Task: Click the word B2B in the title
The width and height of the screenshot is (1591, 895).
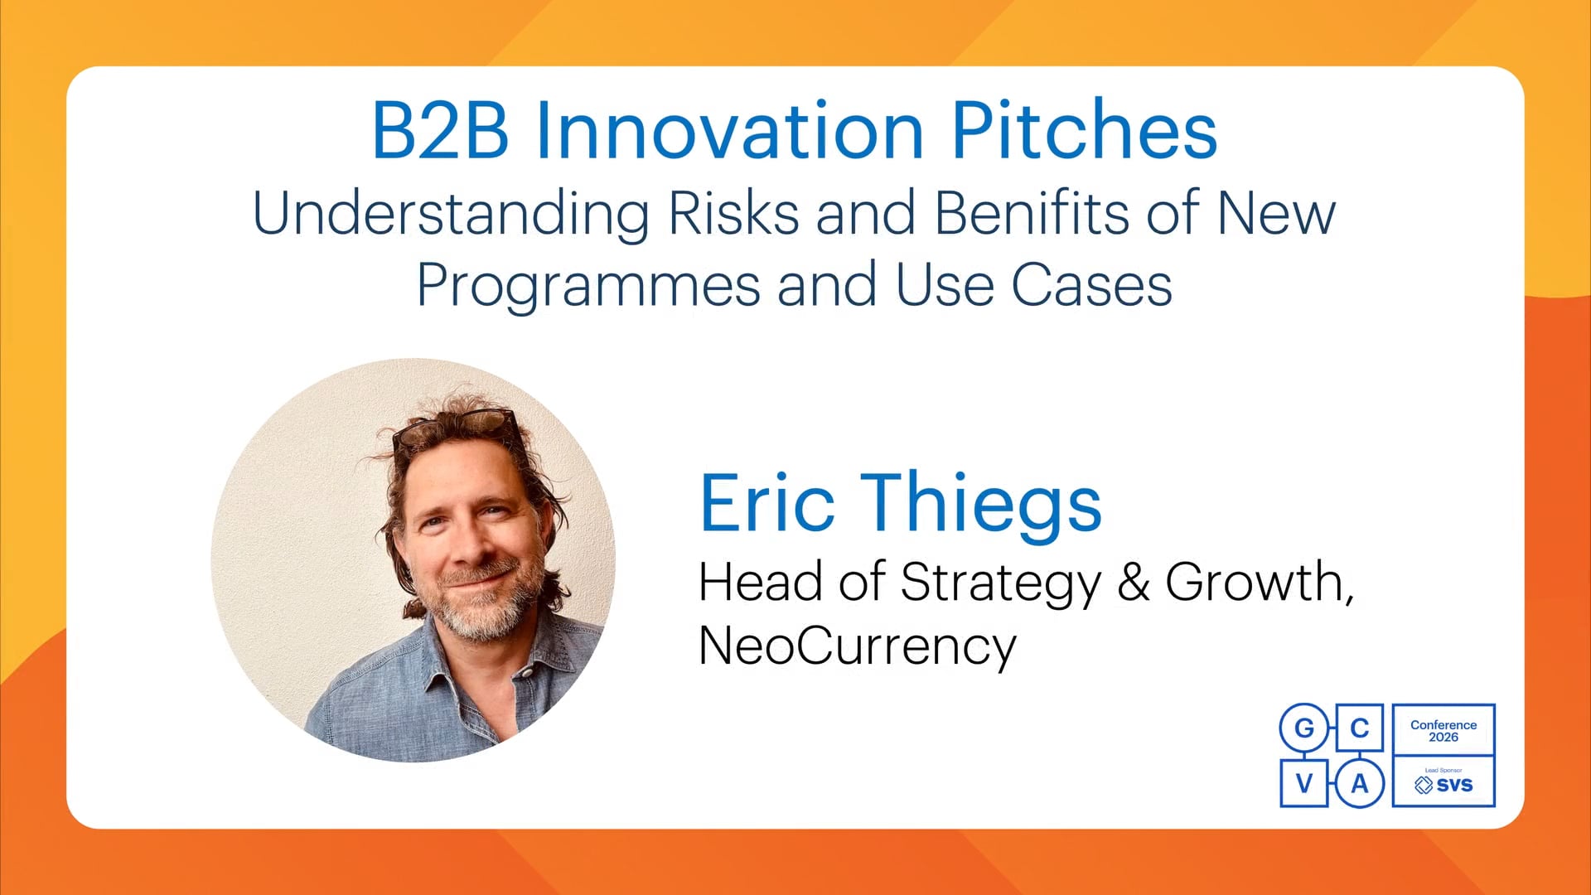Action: [x=440, y=130]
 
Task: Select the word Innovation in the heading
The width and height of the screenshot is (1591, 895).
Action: [x=729, y=130]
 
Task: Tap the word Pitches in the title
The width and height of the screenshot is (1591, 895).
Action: [x=1084, y=130]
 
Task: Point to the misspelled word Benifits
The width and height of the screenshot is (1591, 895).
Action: [x=1031, y=212]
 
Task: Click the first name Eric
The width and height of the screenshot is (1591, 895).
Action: [x=767, y=502]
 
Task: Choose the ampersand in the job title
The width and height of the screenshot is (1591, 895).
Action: [x=1133, y=582]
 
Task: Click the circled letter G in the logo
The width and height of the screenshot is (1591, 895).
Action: [x=1304, y=728]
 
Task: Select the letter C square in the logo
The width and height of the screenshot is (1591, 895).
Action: [x=1359, y=728]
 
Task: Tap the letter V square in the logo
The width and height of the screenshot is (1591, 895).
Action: [x=1304, y=783]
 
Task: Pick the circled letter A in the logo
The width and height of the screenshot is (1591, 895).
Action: [x=1359, y=783]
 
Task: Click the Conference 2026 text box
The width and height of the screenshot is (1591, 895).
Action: [x=1444, y=730]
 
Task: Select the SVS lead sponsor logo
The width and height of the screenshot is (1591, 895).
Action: [x=1444, y=782]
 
